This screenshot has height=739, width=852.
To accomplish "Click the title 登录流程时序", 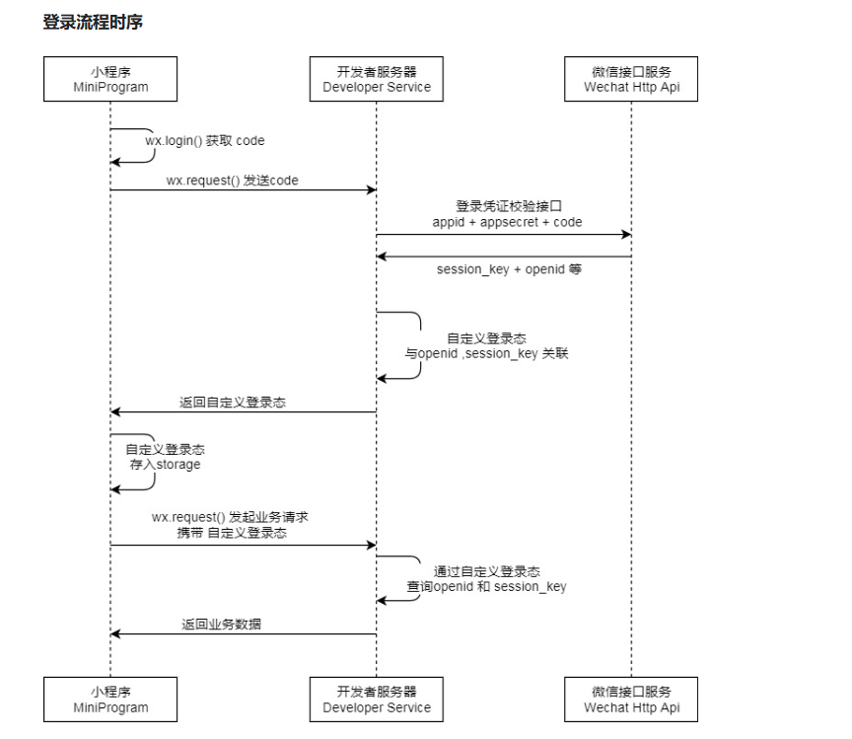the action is click(x=93, y=23).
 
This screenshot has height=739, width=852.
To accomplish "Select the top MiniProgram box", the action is click(x=110, y=79).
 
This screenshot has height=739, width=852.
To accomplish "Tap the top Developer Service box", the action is click(x=377, y=79).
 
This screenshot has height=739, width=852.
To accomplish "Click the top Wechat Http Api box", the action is click(x=631, y=79).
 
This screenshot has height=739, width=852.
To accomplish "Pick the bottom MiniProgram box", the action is click(x=110, y=700).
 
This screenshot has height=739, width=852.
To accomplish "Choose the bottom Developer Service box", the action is click(x=377, y=700).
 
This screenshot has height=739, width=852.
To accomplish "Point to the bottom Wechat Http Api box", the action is click(x=631, y=700).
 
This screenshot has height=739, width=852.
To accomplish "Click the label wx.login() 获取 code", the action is click(x=205, y=141).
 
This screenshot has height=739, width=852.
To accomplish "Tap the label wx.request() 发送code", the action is click(x=233, y=181).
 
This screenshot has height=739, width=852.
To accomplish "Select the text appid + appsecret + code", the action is click(x=507, y=222).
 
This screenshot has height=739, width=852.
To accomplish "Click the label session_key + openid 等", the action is click(x=509, y=269).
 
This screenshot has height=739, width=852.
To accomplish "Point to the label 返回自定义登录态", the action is click(x=233, y=403).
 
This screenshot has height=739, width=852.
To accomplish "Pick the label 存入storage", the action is click(x=166, y=465).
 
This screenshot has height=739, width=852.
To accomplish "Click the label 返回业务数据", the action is click(x=221, y=625).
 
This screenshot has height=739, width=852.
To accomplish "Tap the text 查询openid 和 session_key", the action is click(x=487, y=587).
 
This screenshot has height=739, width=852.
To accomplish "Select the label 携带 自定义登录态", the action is click(x=232, y=533).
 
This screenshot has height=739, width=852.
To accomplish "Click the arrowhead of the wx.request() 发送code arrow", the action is click(x=372, y=189).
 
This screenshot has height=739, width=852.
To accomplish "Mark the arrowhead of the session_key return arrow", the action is click(x=381, y=257).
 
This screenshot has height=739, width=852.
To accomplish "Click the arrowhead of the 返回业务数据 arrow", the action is click(x=115, y=633).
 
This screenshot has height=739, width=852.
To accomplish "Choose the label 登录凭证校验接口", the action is click(x=509, y=206).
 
